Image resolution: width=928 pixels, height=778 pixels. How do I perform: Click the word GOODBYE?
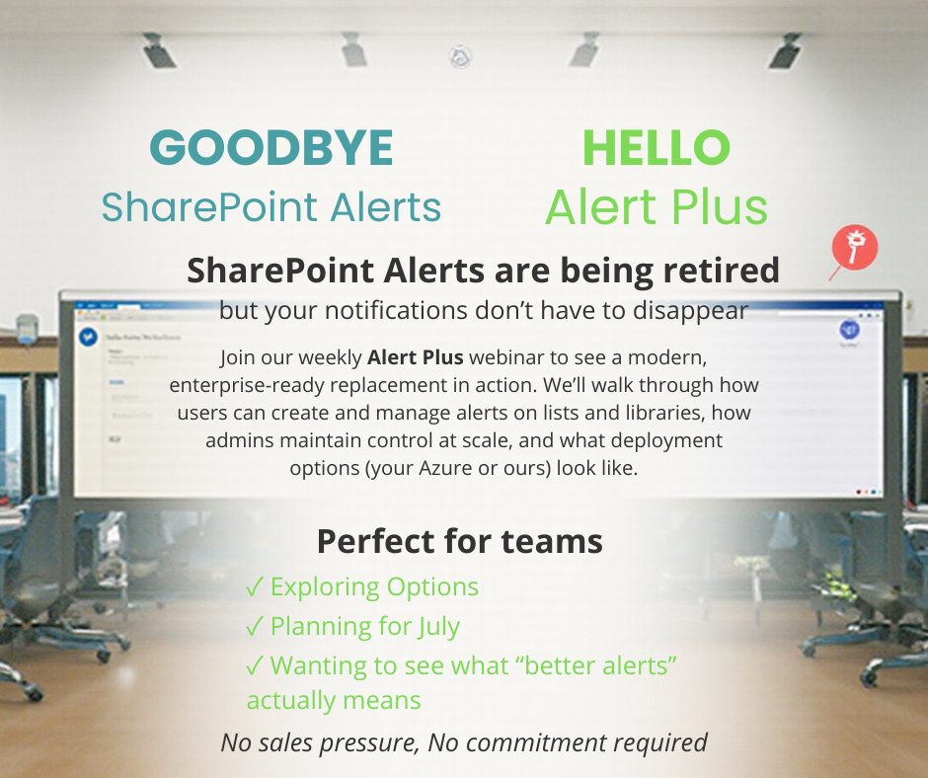(x=271, y=149)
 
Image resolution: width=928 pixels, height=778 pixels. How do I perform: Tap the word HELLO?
(x=656, y=149)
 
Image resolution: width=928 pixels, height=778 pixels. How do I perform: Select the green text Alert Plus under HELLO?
(x=656, y=207)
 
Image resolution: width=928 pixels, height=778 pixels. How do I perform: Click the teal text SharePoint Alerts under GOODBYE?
(x=271, y=207)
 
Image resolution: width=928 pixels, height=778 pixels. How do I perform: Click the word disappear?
(x=696, y=310)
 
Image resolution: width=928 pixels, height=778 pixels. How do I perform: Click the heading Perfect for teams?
(x=459, y=541)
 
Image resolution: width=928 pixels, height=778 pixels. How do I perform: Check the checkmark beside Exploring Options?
(x=254, y=587)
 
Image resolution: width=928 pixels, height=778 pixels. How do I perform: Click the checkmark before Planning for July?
(x=254, y=626)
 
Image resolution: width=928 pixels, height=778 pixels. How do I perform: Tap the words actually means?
(x=334, y=701)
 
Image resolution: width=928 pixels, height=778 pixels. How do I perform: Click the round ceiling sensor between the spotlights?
(x=459, y=57)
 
